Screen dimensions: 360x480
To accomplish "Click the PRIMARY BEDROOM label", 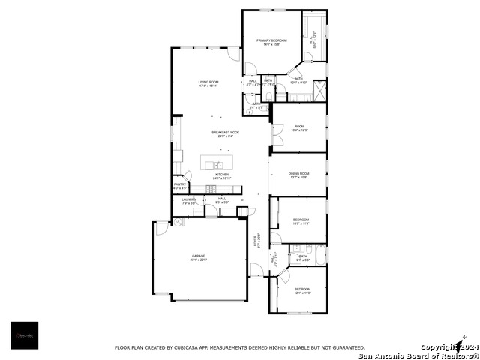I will pyautogui.click(x=271, y=40).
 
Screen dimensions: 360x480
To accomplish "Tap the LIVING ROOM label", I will pyautogui.click(x=208, y=82).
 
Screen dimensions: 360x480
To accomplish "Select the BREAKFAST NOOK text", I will pyautogui.click(x=224, y=133).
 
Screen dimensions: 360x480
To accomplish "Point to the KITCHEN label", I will pyautogui.click(x=222, y=175).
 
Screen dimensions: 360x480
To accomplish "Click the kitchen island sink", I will pyautogui.click(x=218, y=164).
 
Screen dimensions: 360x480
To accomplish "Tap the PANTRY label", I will pyautogui.click(x=180, y=184).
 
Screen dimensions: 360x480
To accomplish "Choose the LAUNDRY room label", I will pyautogui.click(x=188, y=200).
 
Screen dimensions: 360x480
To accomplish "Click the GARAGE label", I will pyautogui.click(x=198, y=256).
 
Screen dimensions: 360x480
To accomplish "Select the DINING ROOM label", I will pyautogui.click(x=299, y=174).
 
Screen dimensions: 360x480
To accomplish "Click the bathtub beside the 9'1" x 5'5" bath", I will pyautogui.click(x=321, y=255).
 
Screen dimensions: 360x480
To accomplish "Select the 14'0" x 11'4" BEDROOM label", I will pyautogui.click(x=301, y=220).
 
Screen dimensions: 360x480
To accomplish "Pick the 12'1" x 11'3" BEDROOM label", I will pyautogui.click(x=302, y=289).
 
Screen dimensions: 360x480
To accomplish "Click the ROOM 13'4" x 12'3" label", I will pyautogui.click(x=299, y=127).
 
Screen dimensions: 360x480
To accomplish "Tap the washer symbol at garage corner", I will pyautogui.click(x=178, y=222).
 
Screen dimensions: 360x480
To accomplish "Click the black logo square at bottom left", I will pyautogui.click(x=25, y=335).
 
